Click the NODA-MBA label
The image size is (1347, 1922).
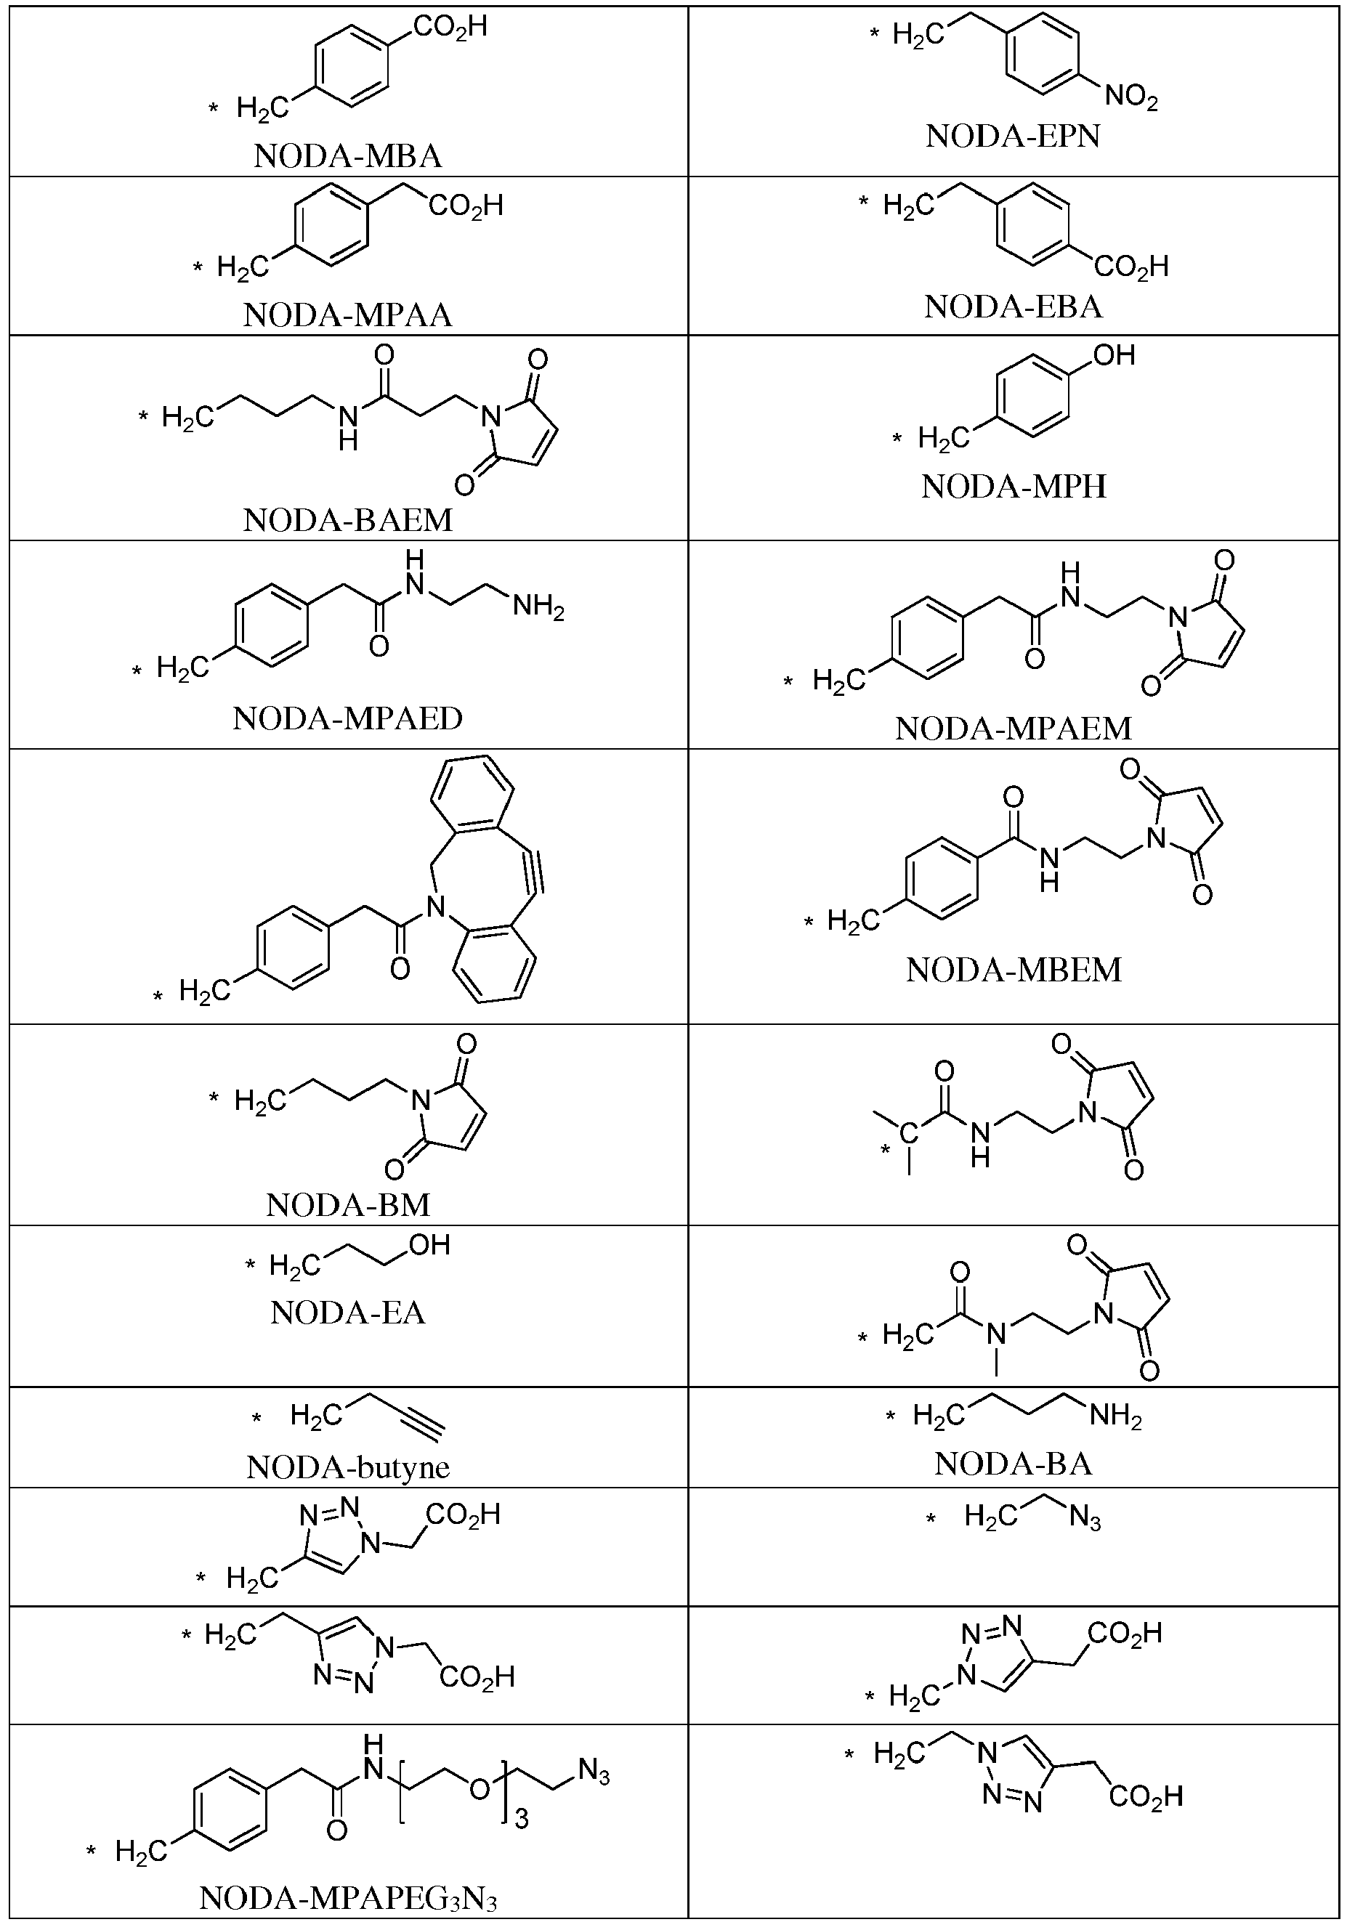tap(347, 157)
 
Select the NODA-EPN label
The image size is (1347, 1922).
tap(1012, 136)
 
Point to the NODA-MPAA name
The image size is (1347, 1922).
tap(347, 315)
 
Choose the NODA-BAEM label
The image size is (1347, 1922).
tap(347, 520)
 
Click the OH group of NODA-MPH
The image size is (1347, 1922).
tap(1115, 355)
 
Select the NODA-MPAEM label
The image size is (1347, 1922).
tap(1013, 729)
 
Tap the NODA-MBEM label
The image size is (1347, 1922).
tap(1013, 970)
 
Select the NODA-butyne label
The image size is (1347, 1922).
tap(347, 1467)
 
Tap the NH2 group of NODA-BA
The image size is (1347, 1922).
tap(1115, 1416)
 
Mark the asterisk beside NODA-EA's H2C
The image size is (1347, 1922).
tap(249, 1265)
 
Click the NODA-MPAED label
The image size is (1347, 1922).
tap(347, 718)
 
